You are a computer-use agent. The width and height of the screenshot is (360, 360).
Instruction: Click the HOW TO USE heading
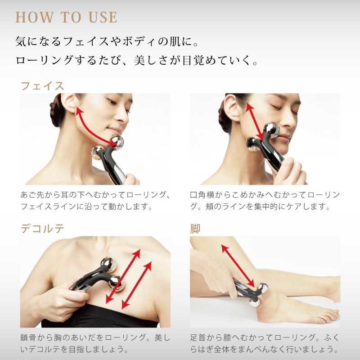tap(66, 18)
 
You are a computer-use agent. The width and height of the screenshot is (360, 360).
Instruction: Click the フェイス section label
tap(42, 86)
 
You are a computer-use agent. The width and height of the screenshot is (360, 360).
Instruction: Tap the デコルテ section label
tap(42, 229)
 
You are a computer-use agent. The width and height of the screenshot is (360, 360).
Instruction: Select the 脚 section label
tap(195, 229)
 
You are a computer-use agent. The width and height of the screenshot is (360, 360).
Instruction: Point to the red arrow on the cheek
tap(255, 121)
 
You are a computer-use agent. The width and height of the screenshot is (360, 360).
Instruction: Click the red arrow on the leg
tap(238, 266)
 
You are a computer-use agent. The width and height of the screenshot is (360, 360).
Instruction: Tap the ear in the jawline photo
tap(69, 103)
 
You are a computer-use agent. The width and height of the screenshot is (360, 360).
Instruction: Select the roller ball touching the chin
tap(117, 143)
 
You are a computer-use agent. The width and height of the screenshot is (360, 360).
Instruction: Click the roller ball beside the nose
tap(272, 130)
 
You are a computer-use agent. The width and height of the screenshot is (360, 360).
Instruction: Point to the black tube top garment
tap(99, 316)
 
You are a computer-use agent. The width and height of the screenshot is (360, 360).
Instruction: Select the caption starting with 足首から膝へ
tap(265, 343)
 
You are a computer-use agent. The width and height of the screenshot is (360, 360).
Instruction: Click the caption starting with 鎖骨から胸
tap(95, 343)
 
